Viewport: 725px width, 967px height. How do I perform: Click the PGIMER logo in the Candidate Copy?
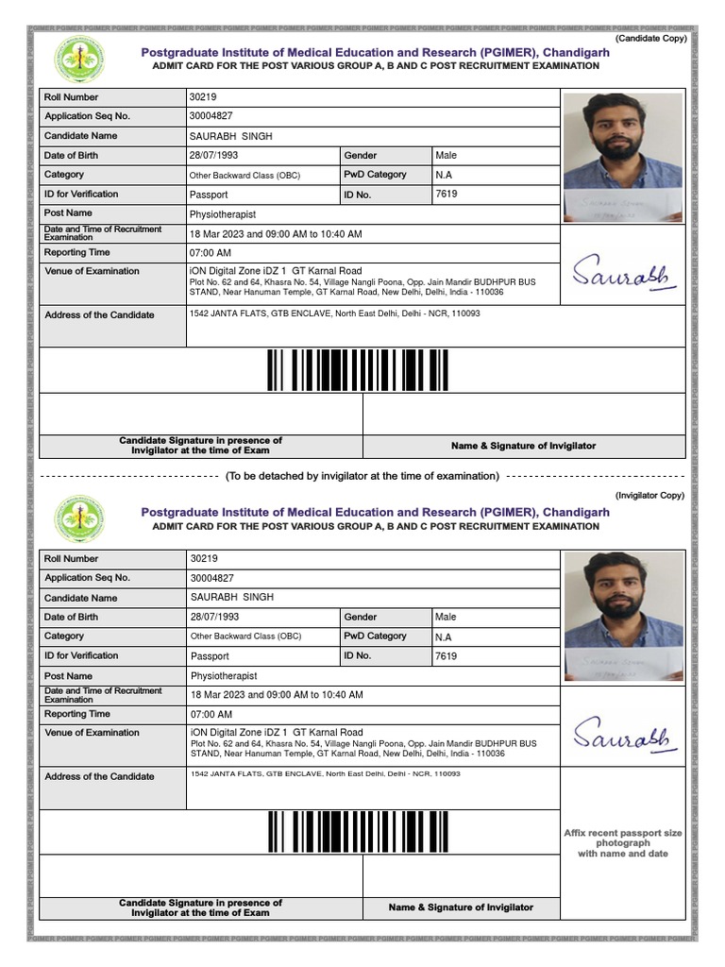pos(80,59)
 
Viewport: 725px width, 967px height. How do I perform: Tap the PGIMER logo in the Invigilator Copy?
pos(80,520)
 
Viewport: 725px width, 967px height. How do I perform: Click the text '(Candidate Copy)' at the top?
pos(650,38)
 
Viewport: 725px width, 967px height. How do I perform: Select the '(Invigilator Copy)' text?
pos(649,495)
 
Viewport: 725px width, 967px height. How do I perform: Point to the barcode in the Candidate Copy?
pos(358,370)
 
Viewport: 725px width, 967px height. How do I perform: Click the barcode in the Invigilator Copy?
pos(358,832)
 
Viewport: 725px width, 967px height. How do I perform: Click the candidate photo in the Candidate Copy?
pos(622,156)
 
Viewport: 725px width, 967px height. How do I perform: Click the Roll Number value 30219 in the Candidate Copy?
pos(204,97)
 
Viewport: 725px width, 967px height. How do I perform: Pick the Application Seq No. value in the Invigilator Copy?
pos(211,578)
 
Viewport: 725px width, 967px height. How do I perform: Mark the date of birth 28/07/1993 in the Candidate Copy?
pos(214,155)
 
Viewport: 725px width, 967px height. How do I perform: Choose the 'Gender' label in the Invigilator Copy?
pos(361,617)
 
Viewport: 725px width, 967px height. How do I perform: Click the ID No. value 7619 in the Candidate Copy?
pos(447,194)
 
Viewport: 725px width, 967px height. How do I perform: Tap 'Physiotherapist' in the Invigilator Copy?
pos(224,676)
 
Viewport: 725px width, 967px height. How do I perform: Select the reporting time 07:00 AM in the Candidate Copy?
pos(211,253)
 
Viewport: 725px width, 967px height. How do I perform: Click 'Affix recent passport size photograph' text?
pos(623,843)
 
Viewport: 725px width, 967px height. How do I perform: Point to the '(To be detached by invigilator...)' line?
pos(362,476)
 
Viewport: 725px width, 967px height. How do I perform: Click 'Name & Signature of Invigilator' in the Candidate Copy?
pos(523,446)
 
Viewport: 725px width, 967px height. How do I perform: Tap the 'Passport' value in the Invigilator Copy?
pos(210,656)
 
